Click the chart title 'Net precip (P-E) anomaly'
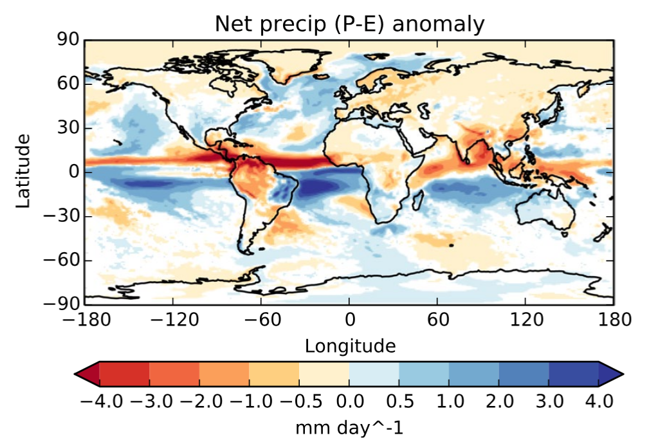(x=349, y=24)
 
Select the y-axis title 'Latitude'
(x=23, y=171)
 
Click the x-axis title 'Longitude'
(x=350, y=346)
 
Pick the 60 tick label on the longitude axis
(x=437, y=319)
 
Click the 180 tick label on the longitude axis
(x=613, y=319)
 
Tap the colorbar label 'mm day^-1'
(x=349, y=427)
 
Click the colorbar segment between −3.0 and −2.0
(x=174, y=374)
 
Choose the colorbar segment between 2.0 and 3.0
(x=524, y=374)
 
